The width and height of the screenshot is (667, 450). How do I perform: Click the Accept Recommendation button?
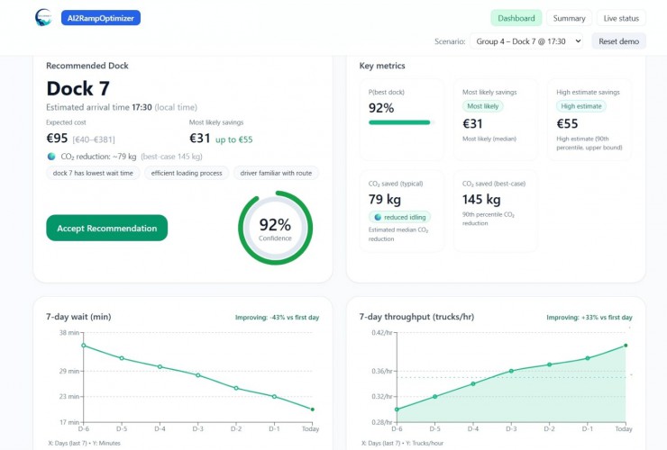tap(106, 228)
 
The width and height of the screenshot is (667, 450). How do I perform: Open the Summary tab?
tap(569, 18)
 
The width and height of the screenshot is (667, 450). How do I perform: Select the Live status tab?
tap(621, 18)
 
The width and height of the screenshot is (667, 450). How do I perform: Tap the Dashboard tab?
tap(516, 18)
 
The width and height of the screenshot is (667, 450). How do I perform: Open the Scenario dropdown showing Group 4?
tap(526, 41)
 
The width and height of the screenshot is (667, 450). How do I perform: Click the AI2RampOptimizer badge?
tap(100, 18)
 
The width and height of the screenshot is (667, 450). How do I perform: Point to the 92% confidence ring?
tap(275, 228)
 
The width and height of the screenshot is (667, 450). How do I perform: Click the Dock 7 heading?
tap(78, 88)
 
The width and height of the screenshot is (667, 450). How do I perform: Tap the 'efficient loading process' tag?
tap(186, 173)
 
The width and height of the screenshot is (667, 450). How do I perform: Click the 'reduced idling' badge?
tap(401, 217)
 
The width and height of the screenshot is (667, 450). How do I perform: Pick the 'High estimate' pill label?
tap(580, 106)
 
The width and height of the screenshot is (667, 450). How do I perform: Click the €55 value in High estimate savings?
tap(567, 124)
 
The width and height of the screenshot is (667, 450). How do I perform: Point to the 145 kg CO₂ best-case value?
tap(481, 199)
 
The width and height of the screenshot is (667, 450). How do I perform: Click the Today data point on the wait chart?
tap(312, 409)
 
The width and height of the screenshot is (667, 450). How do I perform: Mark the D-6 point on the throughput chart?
tap(397, 409)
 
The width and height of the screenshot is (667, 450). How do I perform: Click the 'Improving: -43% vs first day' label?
tap(285, 317)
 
